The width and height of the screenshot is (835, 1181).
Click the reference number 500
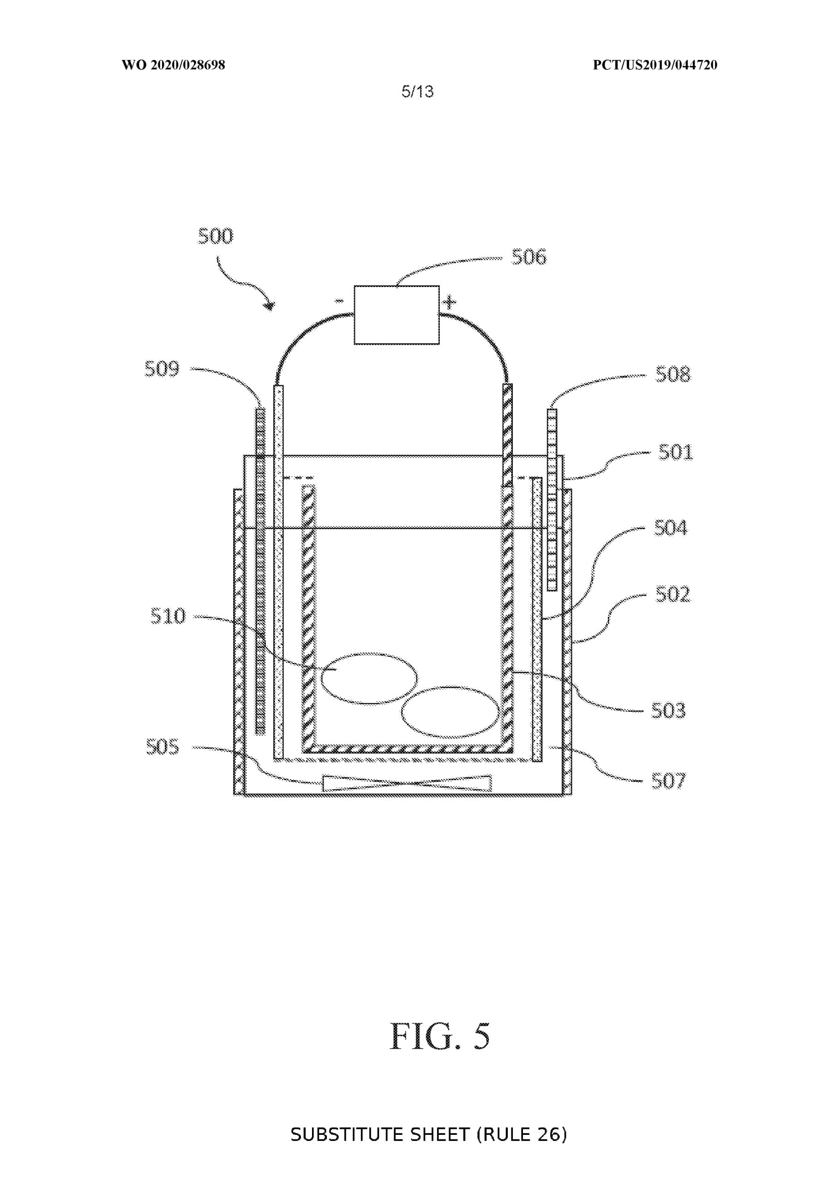(x=216, y=236)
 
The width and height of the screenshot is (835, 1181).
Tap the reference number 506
(x=529, y=256)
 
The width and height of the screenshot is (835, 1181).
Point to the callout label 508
(x=673, y=375)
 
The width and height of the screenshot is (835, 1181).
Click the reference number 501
(x=676, y=453)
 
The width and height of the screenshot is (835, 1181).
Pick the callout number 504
(x=671, y=528)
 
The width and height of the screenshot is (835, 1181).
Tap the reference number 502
(x=673, y=595)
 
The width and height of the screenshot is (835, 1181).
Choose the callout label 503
(x=669, y=711)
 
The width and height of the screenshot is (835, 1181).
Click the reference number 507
(x=669, y=781)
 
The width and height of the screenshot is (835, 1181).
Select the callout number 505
(x=162, y=747)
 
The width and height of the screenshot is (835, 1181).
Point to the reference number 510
(x=168, y=616)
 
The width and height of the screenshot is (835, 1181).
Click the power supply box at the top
(x=397, y=315)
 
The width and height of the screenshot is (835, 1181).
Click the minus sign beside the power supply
(x=339, y=301)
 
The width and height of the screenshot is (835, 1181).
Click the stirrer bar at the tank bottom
(x=407, y=783)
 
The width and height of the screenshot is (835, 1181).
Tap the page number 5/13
(x=417, y=91)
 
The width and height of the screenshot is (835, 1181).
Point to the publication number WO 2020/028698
(x=174, y=65)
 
